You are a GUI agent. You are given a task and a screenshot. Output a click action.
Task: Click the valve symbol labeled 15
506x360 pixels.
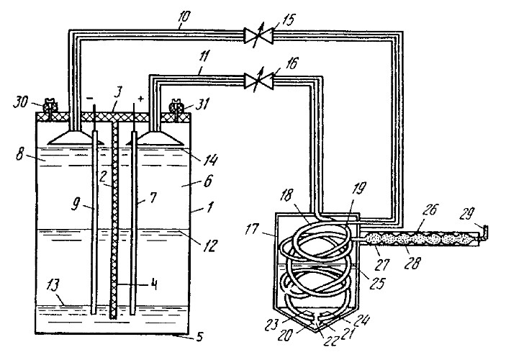pyautogui.click(x=258, y=35)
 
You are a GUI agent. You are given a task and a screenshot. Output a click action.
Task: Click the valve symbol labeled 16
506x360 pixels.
pyautogui.click(x=258, y=81)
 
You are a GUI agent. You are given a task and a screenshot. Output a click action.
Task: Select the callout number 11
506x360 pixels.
pyautogui.click(x=204, y=60)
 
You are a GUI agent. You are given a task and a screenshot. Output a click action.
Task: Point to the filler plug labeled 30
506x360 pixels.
pyautogui.click(x=50, y=106)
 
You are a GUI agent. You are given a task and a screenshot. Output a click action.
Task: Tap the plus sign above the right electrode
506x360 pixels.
pyautogui.click(x=140, y=99)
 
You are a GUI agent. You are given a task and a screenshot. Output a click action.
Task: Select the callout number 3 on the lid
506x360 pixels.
pyautogui.click(x=118, y=94)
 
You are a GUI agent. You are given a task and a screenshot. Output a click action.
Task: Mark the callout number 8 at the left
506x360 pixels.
pyautogui.click(x=20, y=154)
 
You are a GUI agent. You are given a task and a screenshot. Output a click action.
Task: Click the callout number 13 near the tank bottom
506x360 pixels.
pyautogui.click(x=53, y=285)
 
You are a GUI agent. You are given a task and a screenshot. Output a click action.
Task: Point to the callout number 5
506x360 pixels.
pyautogui.click(x=200, y=338)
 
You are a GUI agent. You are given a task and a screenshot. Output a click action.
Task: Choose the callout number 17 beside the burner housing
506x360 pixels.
pyautogui.click(x=251, y=230)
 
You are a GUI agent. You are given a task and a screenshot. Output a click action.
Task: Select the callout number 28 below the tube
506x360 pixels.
pyautogui.click(x=412, y=263)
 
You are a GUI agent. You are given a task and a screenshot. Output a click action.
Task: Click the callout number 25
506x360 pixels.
pyautogui.click(x=377, y=283)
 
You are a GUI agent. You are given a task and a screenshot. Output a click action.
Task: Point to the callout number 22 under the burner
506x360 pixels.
pyautogui.click(x=330, y=341)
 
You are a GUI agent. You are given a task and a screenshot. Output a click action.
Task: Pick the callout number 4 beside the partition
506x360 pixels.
pyautogui.click(x=153, y=285)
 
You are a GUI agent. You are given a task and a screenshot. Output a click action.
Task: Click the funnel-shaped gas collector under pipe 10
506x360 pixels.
pyautogui.click(x=76, y=138)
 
